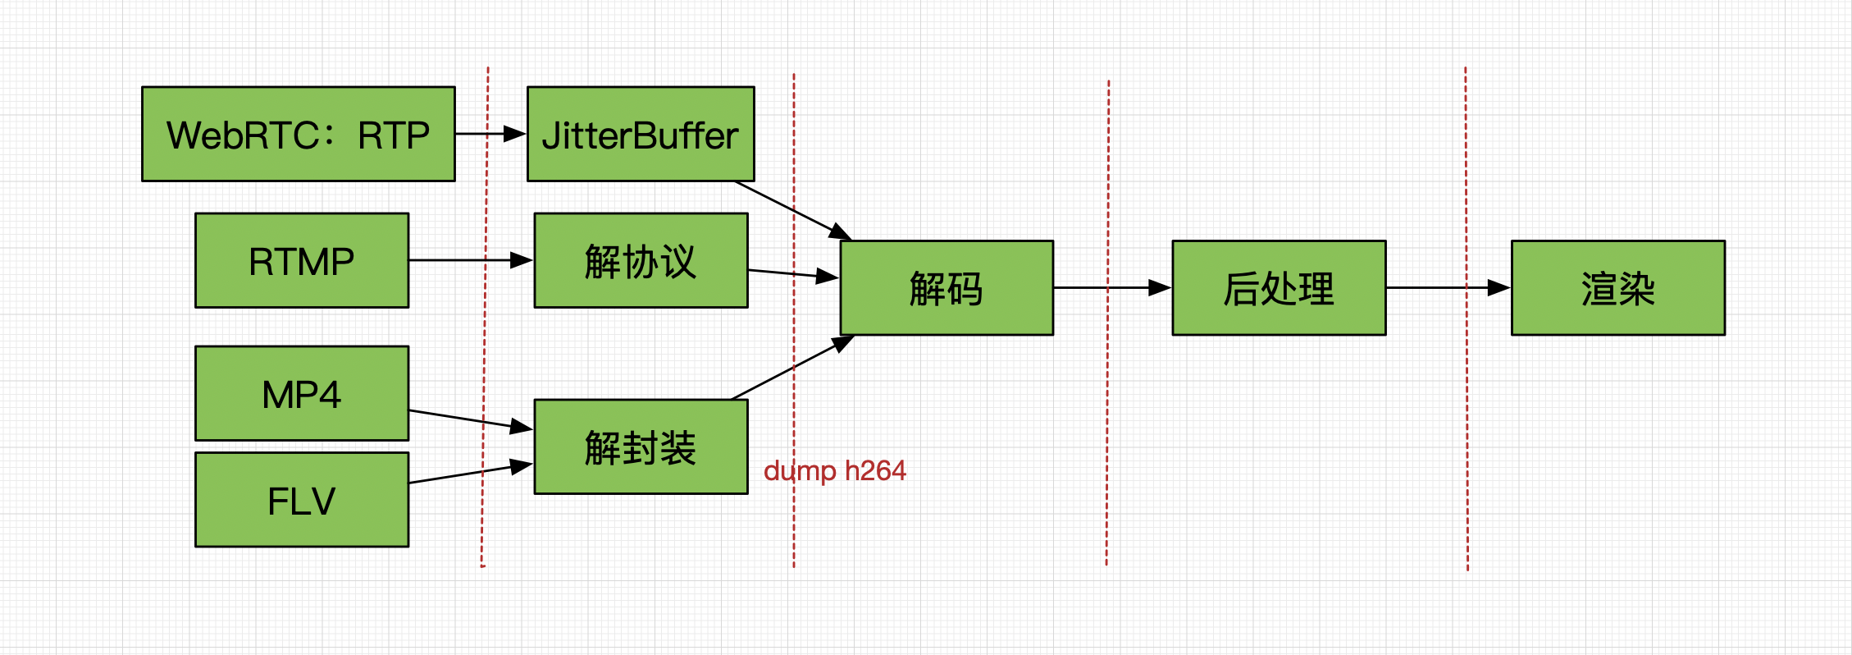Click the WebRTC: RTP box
pyautogui.click(x=299, y=134)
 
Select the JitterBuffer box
pyautogui.click(x=641, y=134)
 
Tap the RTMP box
pyautogui.click(x=302, y=260)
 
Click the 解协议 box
pyautogui.click(x=641, y=260)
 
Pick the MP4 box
pyautogui.click(x=302, y=393)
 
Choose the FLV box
pyautogui.click(x=302, y=499)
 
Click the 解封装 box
pyautogui.click(x=641, y=447)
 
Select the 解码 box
pyautogui.click(x=947, y=287)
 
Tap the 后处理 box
pyautogui.click(x=1279, y=287)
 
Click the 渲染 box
pyautogui.click(x=1618, y=287)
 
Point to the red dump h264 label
pyautogui.click(x=835, y=471)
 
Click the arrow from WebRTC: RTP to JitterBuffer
pyautogui.click(x=490, y=133)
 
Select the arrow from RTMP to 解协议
pyautogui.click(x=471, y=260)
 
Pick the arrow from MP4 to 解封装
pyautogui.click(x=471, y=419)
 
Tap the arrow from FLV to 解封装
pyautogui.click(x=471, y=474)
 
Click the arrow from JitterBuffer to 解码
pyautogui.click(x=794, y=210)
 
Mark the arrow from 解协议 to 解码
pyautogui.click(x=793, y=273)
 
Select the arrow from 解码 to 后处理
pyautogui.click(x=1112, y=287)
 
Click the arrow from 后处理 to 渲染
pyautogui.click(x=1448, y=287)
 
